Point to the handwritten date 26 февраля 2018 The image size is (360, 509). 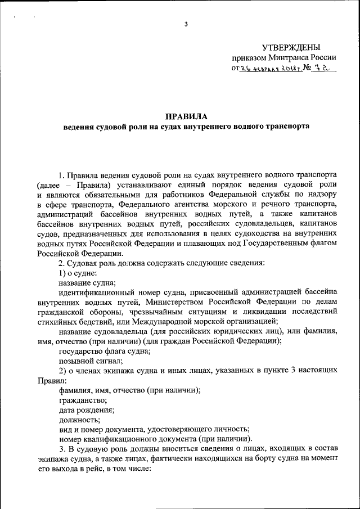tap(266, 69)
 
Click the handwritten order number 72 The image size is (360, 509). tap(320, 68)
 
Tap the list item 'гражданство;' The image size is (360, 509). tap(82, 401)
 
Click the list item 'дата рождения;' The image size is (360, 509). tap(87, 411)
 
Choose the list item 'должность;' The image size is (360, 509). tap(79, 420)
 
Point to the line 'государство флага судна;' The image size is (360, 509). tap(104, 351)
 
